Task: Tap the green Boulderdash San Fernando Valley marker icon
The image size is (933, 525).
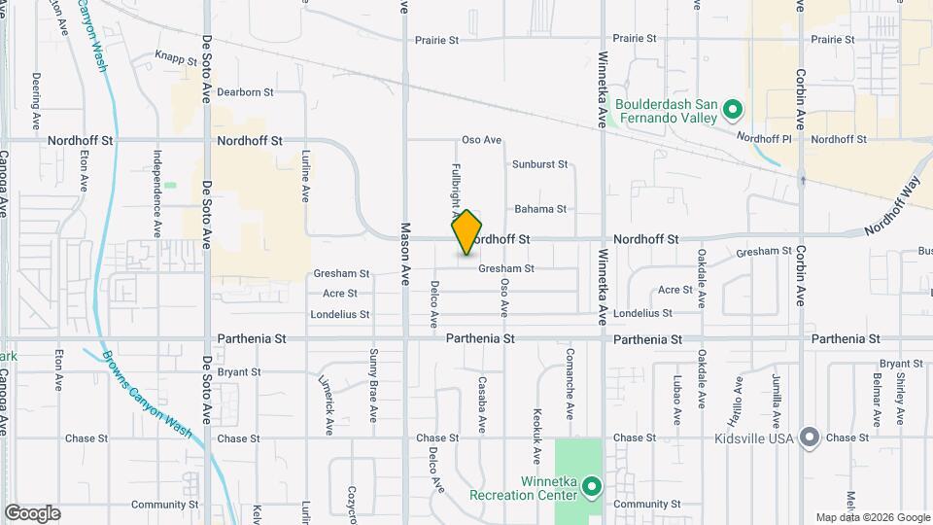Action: [735, 109]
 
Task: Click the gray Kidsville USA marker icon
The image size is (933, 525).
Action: [809, 437]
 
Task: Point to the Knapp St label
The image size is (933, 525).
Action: [176, 56]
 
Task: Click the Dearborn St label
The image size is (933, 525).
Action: [245, 92]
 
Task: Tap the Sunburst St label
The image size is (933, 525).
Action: [539, 165]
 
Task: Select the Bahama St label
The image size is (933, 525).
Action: [540, 209]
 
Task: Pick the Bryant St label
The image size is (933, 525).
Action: [239, 371]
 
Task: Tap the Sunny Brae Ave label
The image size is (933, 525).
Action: [373, 385]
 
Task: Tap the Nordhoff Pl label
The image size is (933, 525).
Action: [765, 138]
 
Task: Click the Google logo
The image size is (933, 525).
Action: [32, 513]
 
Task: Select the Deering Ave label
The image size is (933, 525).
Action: [35, 102]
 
